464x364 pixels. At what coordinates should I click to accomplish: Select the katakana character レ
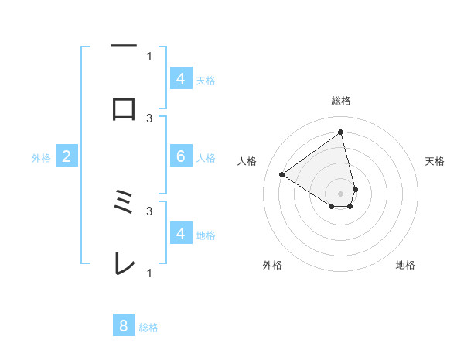click(x=124, y=265)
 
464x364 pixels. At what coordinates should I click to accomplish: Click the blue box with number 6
click(x=181, y=156)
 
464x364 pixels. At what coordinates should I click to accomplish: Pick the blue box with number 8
click(x=124, y=326)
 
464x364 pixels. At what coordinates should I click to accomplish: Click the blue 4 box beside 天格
click(x=181, y=79)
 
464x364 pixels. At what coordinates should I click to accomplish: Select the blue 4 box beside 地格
click(x=181, y=234)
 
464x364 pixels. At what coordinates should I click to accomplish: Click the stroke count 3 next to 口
click(x=149, y=118)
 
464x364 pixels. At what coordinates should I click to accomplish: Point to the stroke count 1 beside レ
click(x=149, y=273)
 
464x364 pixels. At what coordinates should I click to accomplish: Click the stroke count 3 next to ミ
click(x=149, y=210)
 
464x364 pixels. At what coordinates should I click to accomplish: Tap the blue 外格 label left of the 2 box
click(x=41, y=158)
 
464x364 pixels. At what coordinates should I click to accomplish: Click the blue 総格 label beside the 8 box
click(x=148, y=327)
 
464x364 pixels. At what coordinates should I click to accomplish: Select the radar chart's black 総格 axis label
click(x=341, y=101)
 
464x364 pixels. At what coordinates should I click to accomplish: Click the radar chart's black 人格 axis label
click(x=247, y=161)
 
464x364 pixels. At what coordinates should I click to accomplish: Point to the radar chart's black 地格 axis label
click(x=405, y=265)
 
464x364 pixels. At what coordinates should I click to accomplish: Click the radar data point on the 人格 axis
click(x=282, y=174)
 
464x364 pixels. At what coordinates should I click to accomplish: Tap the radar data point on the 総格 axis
click(x=341, y=132)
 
